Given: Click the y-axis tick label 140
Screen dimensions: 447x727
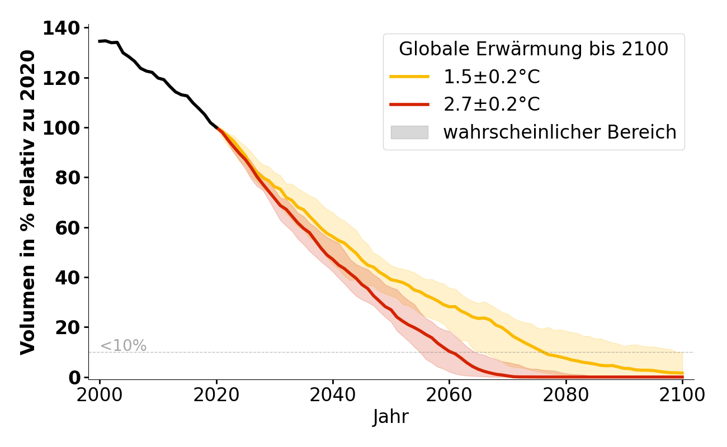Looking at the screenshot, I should click(62, 28).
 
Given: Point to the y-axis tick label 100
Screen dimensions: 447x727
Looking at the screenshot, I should click(62, 128).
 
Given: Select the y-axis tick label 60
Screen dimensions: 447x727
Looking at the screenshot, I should click(68, 227).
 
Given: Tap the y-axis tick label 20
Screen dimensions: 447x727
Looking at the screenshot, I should click(68, 327).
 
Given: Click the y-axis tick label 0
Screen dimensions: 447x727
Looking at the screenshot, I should click(74, 378).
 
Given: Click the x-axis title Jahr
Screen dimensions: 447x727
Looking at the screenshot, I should click(391, 417).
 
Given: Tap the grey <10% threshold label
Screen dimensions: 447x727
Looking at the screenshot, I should click(123, 346).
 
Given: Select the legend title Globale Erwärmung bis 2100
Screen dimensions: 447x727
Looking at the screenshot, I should click(534, 49).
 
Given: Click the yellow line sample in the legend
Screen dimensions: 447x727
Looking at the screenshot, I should click(409, 77).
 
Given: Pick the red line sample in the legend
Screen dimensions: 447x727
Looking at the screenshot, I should click(409, 104).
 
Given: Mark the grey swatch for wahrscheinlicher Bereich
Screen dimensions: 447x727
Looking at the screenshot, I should click(409, 132).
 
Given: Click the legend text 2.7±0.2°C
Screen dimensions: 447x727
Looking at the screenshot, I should click(492, 104).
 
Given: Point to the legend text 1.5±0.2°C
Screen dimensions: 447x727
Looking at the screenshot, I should click(492, 77).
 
